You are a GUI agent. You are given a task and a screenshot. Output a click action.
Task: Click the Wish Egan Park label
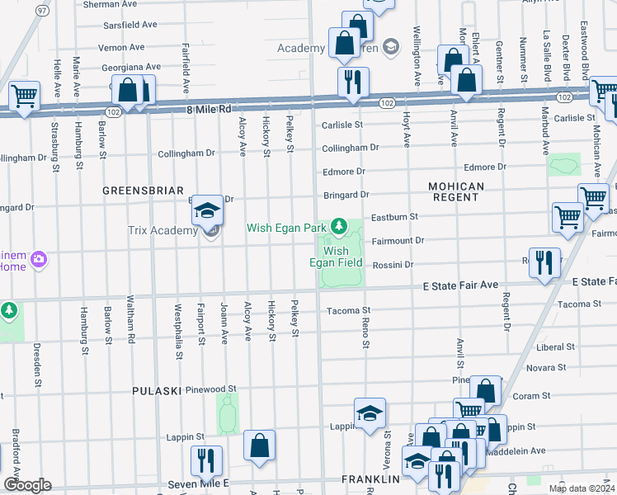click(x=288, y=227)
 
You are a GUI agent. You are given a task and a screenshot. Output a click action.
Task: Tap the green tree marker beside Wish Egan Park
click(x=338, y=225)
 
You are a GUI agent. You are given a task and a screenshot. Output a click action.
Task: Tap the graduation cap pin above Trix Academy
click(x=208, y=210)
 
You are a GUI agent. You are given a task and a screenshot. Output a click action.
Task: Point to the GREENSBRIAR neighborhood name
click(x=143, y=191)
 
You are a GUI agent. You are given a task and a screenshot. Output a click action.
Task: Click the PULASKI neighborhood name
click(x=157, y=389)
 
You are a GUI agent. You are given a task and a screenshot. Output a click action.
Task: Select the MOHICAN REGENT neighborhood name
click(x=456, y=192)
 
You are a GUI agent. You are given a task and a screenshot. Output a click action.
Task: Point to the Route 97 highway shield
click(x=42, y=10)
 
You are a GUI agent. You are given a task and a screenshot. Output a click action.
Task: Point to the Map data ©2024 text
click(x=579, y=488)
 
